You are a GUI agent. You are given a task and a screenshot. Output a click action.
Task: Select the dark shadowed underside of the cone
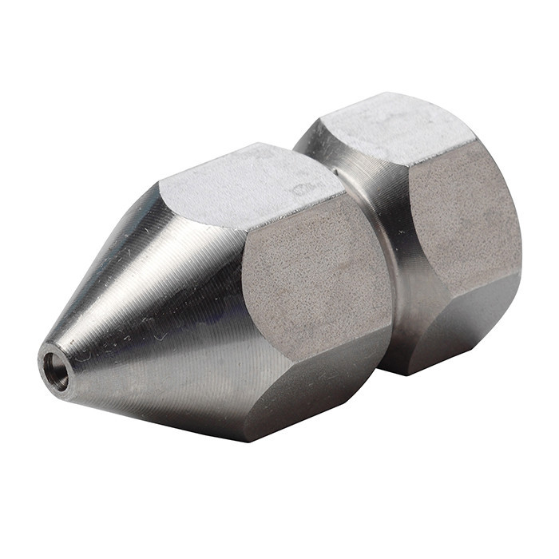click(x=160, y=399)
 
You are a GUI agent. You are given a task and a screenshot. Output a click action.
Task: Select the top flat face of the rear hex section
click(x=391, y=128)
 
